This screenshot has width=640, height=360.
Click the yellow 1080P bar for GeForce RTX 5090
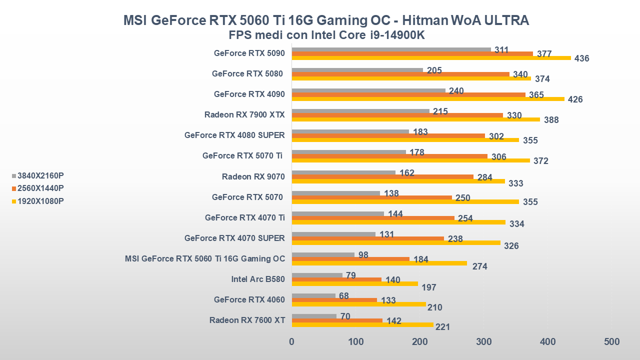pyautogui.click(x=431, y=58)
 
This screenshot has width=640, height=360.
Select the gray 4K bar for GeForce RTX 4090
pyautogui.click(x=368, y=90)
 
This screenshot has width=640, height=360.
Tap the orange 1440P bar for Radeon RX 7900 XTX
pyautogui.click(x=397, y=115)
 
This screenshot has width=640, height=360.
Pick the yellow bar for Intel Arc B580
pyautogui.click(x=354, y=283)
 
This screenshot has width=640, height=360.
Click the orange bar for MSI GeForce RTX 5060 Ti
pyautogui.click(x=350, y=259)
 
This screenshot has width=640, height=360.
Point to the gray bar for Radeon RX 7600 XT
pyautogui.click(x=314, y=316)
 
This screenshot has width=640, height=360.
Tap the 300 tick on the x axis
pyautogui.click(x=483, y=342)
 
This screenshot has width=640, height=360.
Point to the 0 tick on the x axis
pyautogui.click(x=292, y=342)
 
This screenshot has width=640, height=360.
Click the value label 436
pyautogui.click(x=581, y=58)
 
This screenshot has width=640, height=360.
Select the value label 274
pyautogui.click(x=479, y=266)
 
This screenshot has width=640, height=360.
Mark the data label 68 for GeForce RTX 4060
pyautogui.click(x=344, y=296)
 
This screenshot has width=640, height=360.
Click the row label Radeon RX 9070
pyautogui.click(x=253, y=176)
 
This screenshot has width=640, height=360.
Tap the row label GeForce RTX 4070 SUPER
pyautogui.click(x=234, y=238)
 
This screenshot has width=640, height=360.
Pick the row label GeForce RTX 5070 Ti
pyautogui.click(x=242, y=156)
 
